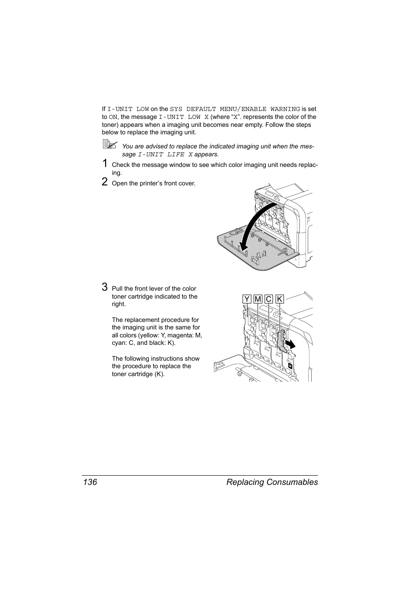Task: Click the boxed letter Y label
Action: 247,299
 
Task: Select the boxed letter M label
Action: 258,299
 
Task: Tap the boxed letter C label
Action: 269,299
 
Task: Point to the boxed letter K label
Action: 280,299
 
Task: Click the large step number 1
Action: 105,164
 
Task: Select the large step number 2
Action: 105,182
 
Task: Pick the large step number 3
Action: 105,287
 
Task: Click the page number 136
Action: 89,482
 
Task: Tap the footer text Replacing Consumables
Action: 272,482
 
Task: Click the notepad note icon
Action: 110,144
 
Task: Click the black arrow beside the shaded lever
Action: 290,343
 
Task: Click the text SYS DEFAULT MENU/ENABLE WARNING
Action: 235,109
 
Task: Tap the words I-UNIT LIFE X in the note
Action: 165,155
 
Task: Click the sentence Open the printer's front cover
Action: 153,184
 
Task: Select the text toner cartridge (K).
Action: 138,374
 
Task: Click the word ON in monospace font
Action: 113,117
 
